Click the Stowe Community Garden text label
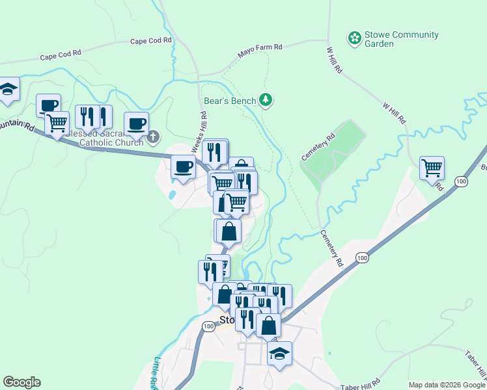click(393, 39)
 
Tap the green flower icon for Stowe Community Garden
click(355, 38)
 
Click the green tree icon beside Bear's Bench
click(266, 99)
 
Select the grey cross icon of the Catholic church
click(153, 136)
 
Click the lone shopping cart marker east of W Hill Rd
click(432, 168)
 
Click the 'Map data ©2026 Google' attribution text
click(447, 385)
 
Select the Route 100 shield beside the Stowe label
click(208, 326)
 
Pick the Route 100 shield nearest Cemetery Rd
click(361, 259)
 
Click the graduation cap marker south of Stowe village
click(279, 354)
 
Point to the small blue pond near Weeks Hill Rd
click(172, 194)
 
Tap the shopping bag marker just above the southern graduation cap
click(268, 325)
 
